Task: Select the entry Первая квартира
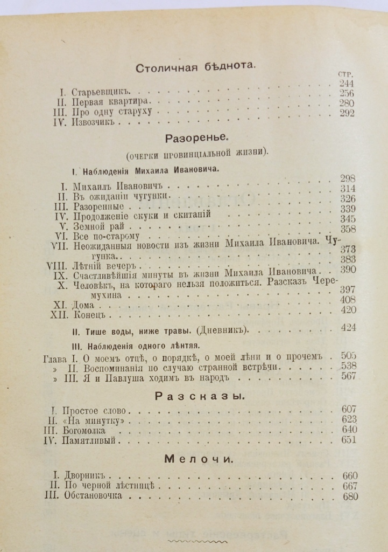(x=114, y=102)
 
